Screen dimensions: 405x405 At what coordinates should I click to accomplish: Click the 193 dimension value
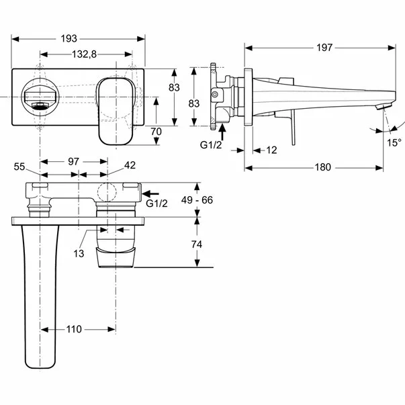pyautogui.click(x=69, y=39)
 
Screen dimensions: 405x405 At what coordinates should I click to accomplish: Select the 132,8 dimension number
pyautogui.click(x=84, y=54)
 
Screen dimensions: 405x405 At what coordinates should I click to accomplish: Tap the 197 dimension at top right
pyautogui.click(x=324, y=48)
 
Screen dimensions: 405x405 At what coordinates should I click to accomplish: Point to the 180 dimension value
pyautogui.click(x=323, y=167)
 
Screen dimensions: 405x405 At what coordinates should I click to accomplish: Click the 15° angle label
pyautogui.click(x=394, y=142)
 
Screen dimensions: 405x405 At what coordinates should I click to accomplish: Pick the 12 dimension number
pyautogui.click(x=271, y=150)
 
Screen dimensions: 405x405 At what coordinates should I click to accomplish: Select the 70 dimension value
pyautogui.click(x=156, y=132)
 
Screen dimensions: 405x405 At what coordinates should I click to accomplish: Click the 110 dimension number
pyautogui.click(x=74, y=329)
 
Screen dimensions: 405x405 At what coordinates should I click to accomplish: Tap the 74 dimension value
pyautogui.click(x=197, y=244)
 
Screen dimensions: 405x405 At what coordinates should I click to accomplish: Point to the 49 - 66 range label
pyautogui.click(x=197, y=200)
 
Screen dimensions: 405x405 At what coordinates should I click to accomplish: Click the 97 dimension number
pyautogui.click(x=73, y=162)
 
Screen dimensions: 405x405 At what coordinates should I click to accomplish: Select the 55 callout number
pyautogui.click(x=19, y=167)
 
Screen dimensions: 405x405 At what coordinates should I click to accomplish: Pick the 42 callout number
pyautogui.click(x=130, y=165)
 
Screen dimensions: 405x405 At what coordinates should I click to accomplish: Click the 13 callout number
pyautogui.click(x=79, y=254)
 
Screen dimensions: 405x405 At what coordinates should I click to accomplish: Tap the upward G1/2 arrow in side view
pyautogui.click(x=222, y=132)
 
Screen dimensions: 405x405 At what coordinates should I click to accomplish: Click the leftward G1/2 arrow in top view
pyautogui.click(x=151, y=193)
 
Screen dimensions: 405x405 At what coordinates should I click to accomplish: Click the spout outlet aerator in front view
pyautogui.click(x=40, y=105)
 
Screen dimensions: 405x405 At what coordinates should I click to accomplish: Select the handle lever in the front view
pyautogui.click(x=116, y=111)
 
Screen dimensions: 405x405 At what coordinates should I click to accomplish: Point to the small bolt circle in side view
pyautogui.click(x=215, y=95)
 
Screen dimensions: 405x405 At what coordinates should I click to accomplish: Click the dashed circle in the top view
pyautogui.click(x=107, y=192)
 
